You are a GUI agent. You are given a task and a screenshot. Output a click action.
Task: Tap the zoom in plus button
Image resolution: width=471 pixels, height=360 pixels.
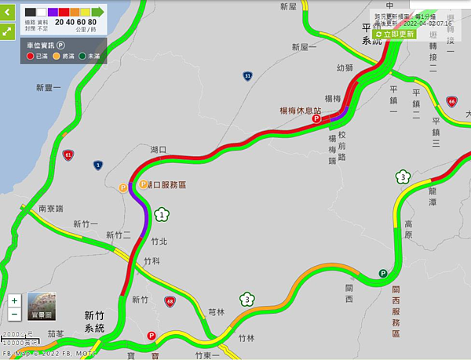[x=15, y=300]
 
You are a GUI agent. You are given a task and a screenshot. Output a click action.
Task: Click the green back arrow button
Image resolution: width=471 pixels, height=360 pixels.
[x=7, y=13]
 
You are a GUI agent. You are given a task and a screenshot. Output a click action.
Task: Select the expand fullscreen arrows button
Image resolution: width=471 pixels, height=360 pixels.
[x=7, y=31]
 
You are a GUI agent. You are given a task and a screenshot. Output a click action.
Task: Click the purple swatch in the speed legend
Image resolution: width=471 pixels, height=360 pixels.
[x=51, y=12]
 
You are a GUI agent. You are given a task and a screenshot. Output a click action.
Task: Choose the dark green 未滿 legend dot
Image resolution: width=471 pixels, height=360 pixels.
[x=82, y=56]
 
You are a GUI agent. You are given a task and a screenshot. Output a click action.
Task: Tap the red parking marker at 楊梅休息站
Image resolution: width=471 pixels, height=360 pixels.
[x=317, y=120]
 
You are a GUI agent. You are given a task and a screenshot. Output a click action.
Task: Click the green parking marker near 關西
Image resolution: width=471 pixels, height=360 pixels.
[x=383, y=274]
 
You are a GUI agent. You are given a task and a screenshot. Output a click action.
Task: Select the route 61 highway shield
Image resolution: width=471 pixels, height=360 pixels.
[x=69, y=155]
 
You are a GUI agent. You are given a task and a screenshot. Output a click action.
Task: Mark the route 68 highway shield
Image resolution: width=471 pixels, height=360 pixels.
[x=170, y=301]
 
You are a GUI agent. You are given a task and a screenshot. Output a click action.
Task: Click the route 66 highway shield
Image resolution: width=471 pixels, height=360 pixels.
[x=451, y=101]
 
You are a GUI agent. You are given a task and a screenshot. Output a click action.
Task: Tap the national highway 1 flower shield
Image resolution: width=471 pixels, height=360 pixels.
[x=162, y=214]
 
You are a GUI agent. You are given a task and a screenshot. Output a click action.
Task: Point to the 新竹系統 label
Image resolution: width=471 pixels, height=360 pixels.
[x=94, y=322]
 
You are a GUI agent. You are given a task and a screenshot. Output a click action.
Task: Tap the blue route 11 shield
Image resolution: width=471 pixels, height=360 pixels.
[x=247, y=76]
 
